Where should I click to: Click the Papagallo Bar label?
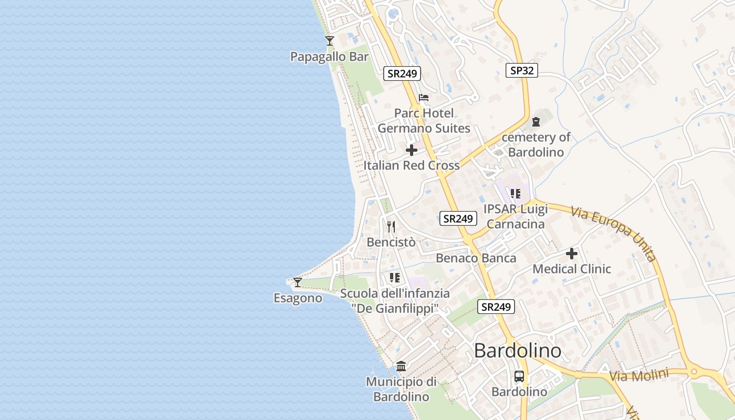point(330,57)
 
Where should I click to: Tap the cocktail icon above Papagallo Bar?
point(330,40)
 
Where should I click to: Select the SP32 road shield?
point(522,70)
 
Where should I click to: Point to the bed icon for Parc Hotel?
point(424,98)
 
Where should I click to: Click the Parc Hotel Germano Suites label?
point(424,121)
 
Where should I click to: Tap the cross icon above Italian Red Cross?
point(412,151)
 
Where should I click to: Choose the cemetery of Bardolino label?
point(536,145)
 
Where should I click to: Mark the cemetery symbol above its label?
point(536,122)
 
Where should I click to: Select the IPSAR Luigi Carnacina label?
point(516,216)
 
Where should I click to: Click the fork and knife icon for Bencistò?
point(391,226)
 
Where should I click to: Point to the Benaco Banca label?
point(476,258)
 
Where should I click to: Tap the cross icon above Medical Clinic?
point(572,254)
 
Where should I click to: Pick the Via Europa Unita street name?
point(614,233)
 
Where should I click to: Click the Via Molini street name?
point(639,376)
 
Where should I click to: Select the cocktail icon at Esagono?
point(298,282)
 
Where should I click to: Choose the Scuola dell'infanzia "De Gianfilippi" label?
point(395,301)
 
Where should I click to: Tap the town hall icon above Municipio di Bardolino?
point(401,366)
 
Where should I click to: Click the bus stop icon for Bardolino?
point(519,376)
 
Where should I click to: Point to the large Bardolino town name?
point(518,351)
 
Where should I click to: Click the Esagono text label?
point(298,298)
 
